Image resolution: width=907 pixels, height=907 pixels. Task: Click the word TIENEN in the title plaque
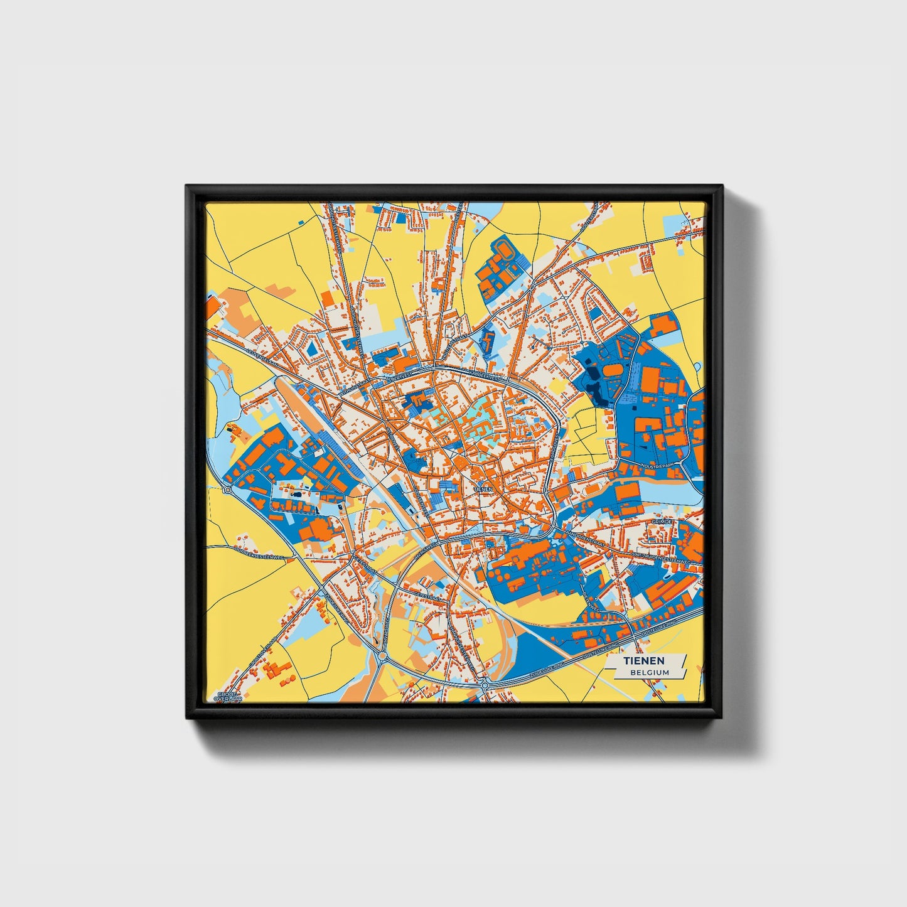[643, 662]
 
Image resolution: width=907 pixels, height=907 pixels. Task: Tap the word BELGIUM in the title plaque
[650, 672]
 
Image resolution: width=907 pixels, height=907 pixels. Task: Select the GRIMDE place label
[662, 522]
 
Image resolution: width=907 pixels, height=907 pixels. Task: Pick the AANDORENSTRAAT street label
[584, 539]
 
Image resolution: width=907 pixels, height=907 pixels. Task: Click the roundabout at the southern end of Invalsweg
[382, 657]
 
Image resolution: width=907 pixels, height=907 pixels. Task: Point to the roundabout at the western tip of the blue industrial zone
[227, 490]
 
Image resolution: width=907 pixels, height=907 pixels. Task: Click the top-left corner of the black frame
[186, 186]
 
